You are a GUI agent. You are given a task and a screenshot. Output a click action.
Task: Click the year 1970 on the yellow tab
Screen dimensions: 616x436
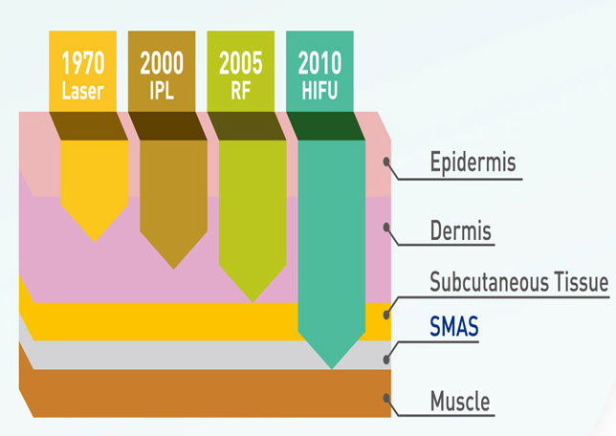coord(83,63)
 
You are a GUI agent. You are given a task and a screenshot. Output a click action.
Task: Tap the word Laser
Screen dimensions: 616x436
coord(82,91)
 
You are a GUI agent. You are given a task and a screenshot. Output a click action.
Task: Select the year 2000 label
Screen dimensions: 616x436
coord(162,63)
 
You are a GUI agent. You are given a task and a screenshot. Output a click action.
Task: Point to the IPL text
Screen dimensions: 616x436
coord(162,91)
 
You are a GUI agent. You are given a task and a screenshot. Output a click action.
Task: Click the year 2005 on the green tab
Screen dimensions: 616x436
coord(241,63)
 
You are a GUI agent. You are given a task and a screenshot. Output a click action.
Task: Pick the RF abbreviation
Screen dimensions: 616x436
coord(241,91)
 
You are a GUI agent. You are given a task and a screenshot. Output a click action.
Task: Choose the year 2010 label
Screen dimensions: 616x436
coord(319,63)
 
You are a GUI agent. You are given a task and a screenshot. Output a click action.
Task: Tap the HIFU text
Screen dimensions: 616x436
coord(319,91)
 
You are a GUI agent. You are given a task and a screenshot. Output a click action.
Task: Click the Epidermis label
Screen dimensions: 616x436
coord(473,163)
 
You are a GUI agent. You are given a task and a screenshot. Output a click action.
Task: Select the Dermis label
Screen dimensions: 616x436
coord(461,230)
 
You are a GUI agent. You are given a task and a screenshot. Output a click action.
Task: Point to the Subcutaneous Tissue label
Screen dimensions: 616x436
coord(519,282)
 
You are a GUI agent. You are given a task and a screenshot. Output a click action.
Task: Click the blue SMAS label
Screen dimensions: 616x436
coord(454,326)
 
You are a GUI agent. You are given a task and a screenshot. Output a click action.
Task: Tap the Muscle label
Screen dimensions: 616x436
coord(460,401)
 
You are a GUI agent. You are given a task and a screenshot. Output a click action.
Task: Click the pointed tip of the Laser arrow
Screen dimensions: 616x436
coord(95,242)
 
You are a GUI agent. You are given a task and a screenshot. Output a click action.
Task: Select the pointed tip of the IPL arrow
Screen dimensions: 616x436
coord(174,269)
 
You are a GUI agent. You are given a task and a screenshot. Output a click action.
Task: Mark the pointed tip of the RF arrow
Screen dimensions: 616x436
coord(253,302)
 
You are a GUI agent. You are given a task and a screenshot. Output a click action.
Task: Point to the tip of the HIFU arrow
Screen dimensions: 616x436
coord(332,369)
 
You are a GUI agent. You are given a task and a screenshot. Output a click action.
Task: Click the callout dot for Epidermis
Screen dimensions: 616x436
coord(387,162)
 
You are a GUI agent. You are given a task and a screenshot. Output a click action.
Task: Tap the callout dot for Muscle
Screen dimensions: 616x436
coord(387,399)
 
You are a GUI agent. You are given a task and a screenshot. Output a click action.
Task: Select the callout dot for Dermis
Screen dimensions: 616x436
coord(387,227)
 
